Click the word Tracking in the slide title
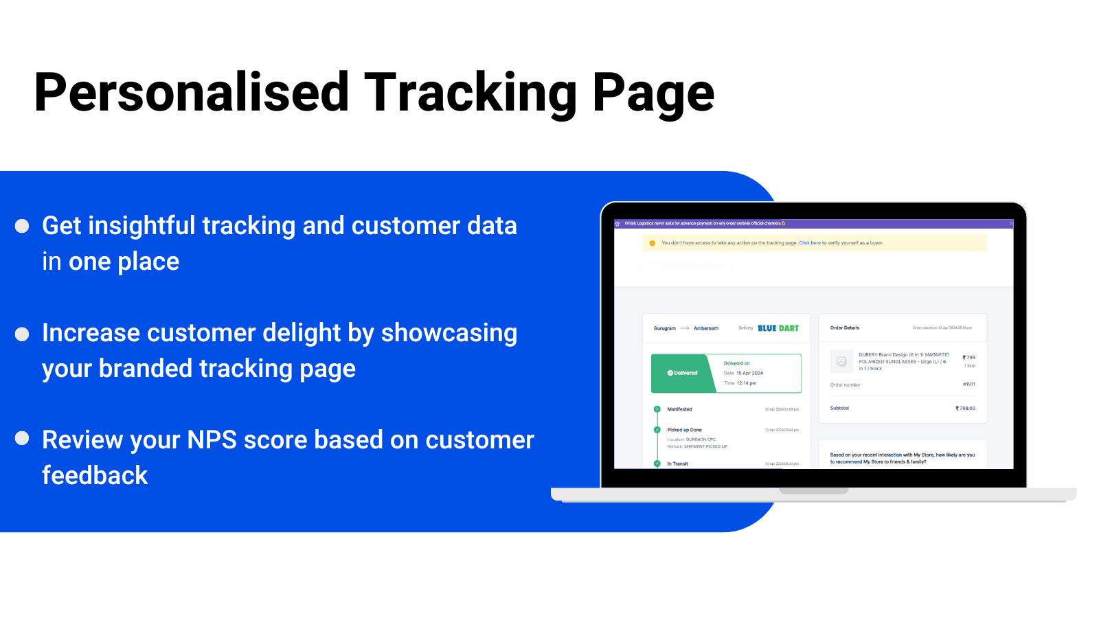(x=471, y=93)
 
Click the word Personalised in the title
(x=192, y=93)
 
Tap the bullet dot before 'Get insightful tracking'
(x=22, y=226)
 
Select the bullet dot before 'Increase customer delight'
(x=22, y=334)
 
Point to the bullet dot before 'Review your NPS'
(x=22, y=438)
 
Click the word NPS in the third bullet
(x=212, y=440)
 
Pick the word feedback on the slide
(x=95, y=476)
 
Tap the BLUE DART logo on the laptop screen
(x=778, y=328)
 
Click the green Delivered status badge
(x=683, y=373)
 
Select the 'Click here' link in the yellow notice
(x=810, y=243)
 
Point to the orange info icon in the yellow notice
(x=652, y=243)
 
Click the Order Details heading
(x=844, y=328)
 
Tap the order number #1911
(x=968, y=385)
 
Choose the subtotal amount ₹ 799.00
(x=965, y=409)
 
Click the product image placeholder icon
(x=841, y=361)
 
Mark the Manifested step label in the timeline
(x=679, y=409)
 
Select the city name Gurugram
(x=664, y=329)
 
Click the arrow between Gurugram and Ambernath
(x=685, y=329)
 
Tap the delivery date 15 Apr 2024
(x=749, y=374)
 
